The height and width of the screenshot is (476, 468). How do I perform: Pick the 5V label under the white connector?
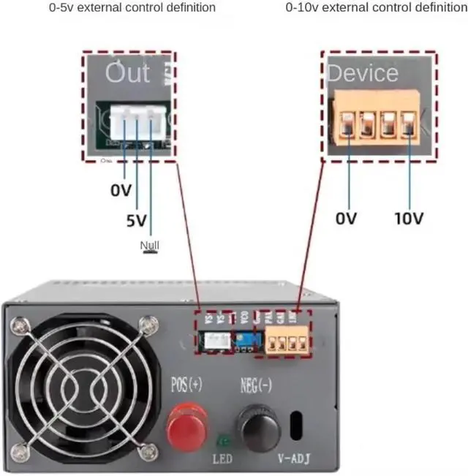pos(135,219)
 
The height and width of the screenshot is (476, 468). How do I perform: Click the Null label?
pos(150,245)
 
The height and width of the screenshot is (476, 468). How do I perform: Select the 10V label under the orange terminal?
pos(409,218)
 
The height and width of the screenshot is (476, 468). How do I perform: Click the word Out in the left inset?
pos(127,72)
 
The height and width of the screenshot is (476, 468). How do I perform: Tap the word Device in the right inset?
pos(363,72)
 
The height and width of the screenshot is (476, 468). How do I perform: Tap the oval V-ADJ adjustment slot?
pos(298,426)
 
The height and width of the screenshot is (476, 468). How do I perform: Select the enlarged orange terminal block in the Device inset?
pos(378,118)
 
